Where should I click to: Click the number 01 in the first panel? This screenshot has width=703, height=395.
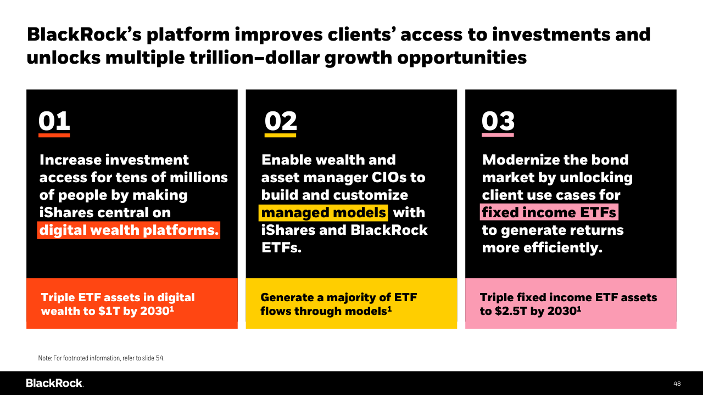pyautogui.click(x=54, y=121)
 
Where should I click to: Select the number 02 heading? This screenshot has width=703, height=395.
pyautogui.click(x=281, y=121)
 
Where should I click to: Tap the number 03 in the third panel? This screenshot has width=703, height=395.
pyautogui.click(x=498, y=121)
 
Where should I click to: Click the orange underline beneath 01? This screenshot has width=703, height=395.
pyautogui.click(x=54, y=135)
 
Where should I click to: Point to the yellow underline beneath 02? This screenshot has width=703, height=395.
pyautogui.click(x=280, y=135)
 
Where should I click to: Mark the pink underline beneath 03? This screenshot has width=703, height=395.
pyautogui.click(x=498, y=135)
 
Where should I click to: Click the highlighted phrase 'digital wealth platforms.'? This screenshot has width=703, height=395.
pyautogui.click(x=129, y=230)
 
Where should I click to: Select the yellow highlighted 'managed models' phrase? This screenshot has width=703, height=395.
pyautogui.click(x=323, y=213)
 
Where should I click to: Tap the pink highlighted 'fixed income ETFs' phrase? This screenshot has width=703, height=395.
pyautogui.click(x=549, y=212)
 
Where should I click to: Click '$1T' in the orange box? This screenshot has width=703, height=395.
pyautogui.click(x=109, y=311)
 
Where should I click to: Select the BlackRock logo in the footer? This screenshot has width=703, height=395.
pyautogui.click(x=55, y=383)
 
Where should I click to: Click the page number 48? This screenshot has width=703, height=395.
pyautogui.click(x=677, y=383)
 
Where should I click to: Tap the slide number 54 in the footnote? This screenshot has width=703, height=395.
pyautogui.click(x=159, y=358)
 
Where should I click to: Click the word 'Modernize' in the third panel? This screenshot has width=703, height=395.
pyautogui.click(x=520, y=160)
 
